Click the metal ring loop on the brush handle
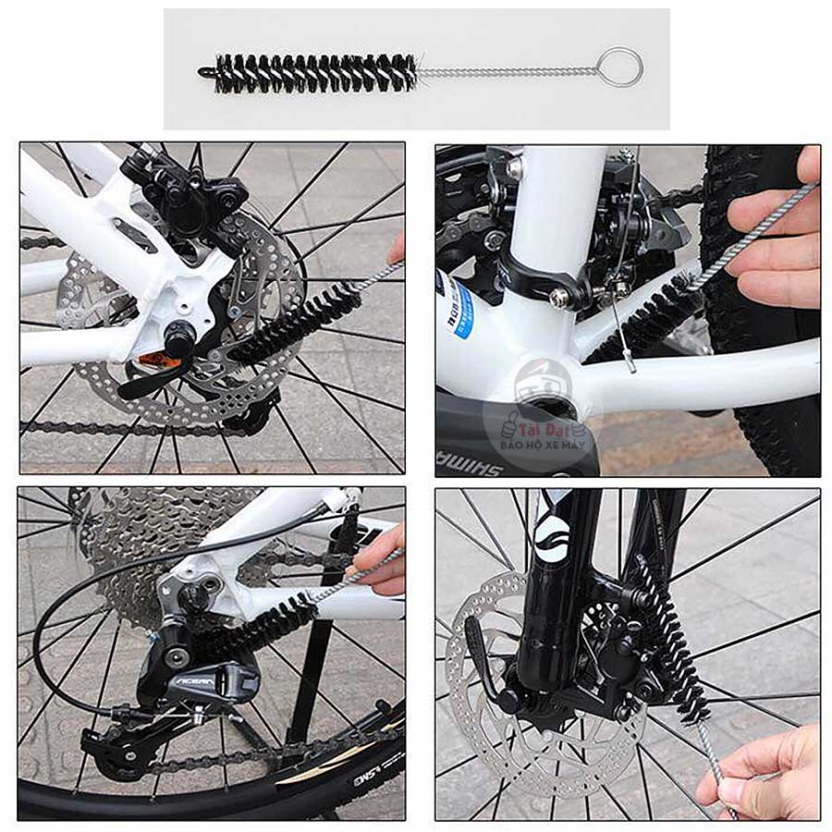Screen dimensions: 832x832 click(x=619, y=67)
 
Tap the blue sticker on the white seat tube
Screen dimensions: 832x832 click(x=460, y=309)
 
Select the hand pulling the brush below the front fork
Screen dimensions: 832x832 click(x=763, y=772)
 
